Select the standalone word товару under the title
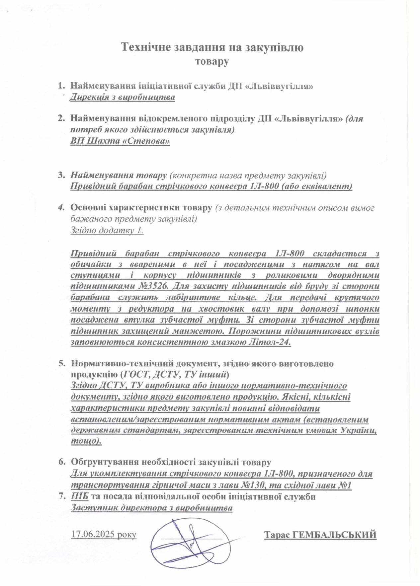(x=212, y=62)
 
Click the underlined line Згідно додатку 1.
(x=107, y=230)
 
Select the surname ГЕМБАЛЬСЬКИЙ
(x=335, y=535)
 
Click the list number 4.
(x=61, y=208)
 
